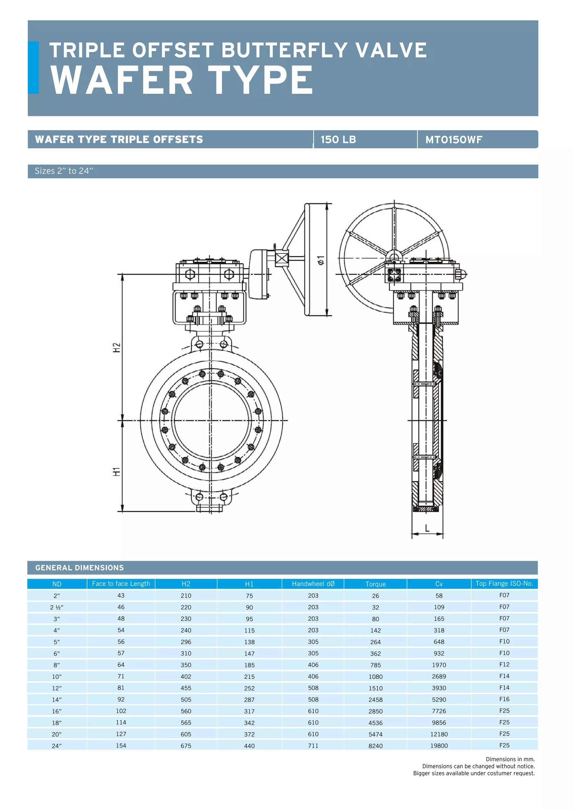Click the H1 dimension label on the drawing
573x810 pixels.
coord(117,472)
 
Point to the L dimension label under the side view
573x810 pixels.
coord(427,528)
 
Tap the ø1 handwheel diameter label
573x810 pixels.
coord(320,260)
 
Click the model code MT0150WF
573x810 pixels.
coord(454,140)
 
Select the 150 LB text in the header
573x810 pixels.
coord(338,140)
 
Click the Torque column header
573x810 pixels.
coord(375,584)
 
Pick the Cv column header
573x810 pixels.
coord(439,584)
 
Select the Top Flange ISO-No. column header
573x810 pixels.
coord(504,583)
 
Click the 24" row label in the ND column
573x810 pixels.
coord(57,746)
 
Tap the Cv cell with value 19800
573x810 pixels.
coord(439,746)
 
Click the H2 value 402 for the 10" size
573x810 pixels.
coord(186,676)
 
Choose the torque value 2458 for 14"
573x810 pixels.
coord(375,700)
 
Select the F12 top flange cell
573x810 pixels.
coord(504,664)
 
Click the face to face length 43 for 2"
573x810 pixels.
coord(121,595)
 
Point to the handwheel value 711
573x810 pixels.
coord(313,745)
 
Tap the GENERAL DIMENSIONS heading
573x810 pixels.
coord(79,568)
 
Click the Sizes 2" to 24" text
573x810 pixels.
coord(64,171)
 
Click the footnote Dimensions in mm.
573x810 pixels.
coord(510,759)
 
